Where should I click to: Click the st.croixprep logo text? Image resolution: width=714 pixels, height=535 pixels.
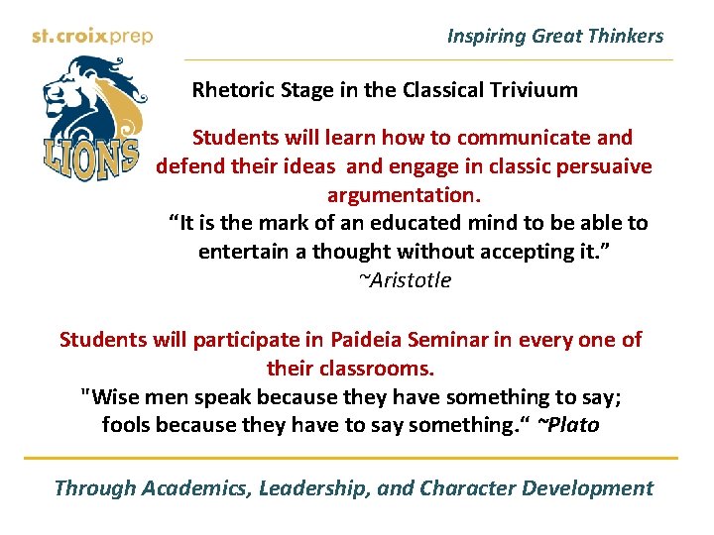(91, 37)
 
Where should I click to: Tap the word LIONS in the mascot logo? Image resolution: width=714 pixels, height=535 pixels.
(90, 159)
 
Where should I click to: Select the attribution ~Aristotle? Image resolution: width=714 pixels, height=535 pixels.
(404, 280)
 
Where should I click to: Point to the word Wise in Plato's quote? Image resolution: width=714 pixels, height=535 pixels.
(113, 397)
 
